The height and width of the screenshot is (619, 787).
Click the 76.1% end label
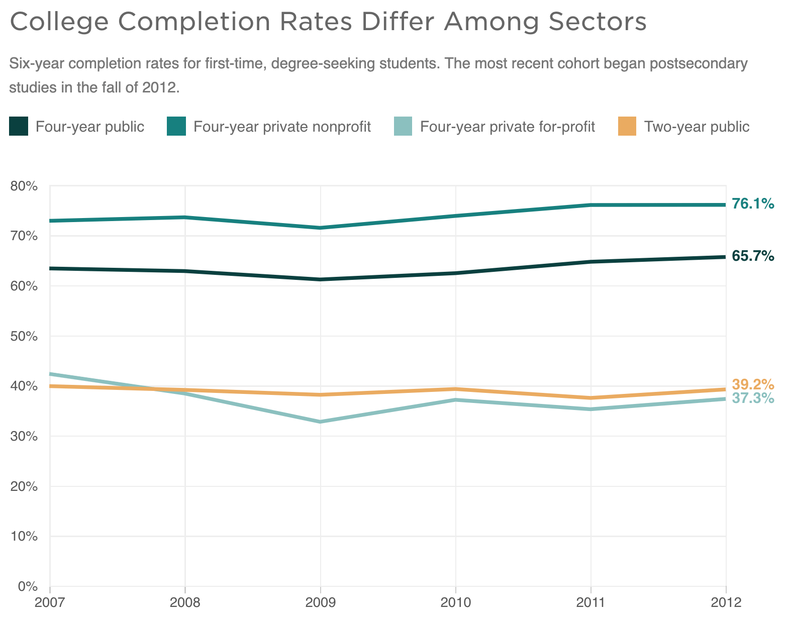point(752,203)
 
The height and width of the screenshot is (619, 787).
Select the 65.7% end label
point(752,256)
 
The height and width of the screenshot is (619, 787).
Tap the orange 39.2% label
point(752,385)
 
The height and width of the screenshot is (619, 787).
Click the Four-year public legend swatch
point(19,127)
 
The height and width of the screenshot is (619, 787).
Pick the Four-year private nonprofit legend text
point(282,127)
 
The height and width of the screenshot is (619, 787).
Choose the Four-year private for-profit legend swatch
point(402,127)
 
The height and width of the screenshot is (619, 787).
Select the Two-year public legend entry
point(696,127)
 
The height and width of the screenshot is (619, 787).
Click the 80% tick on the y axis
point(24,186)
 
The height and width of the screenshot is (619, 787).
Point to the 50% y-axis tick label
point(24,336)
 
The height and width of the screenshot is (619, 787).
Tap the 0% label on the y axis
point(27,586)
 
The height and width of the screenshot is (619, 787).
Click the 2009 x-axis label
point(320,602)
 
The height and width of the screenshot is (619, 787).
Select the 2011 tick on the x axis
point(591,602)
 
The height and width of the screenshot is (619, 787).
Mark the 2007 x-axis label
point(50,602)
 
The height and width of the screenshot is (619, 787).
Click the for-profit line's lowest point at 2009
point(320,422)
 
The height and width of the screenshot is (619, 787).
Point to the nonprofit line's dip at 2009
point(320,228)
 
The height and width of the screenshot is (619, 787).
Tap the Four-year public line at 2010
point(455,273)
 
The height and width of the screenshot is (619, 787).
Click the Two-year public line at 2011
point(591,398)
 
